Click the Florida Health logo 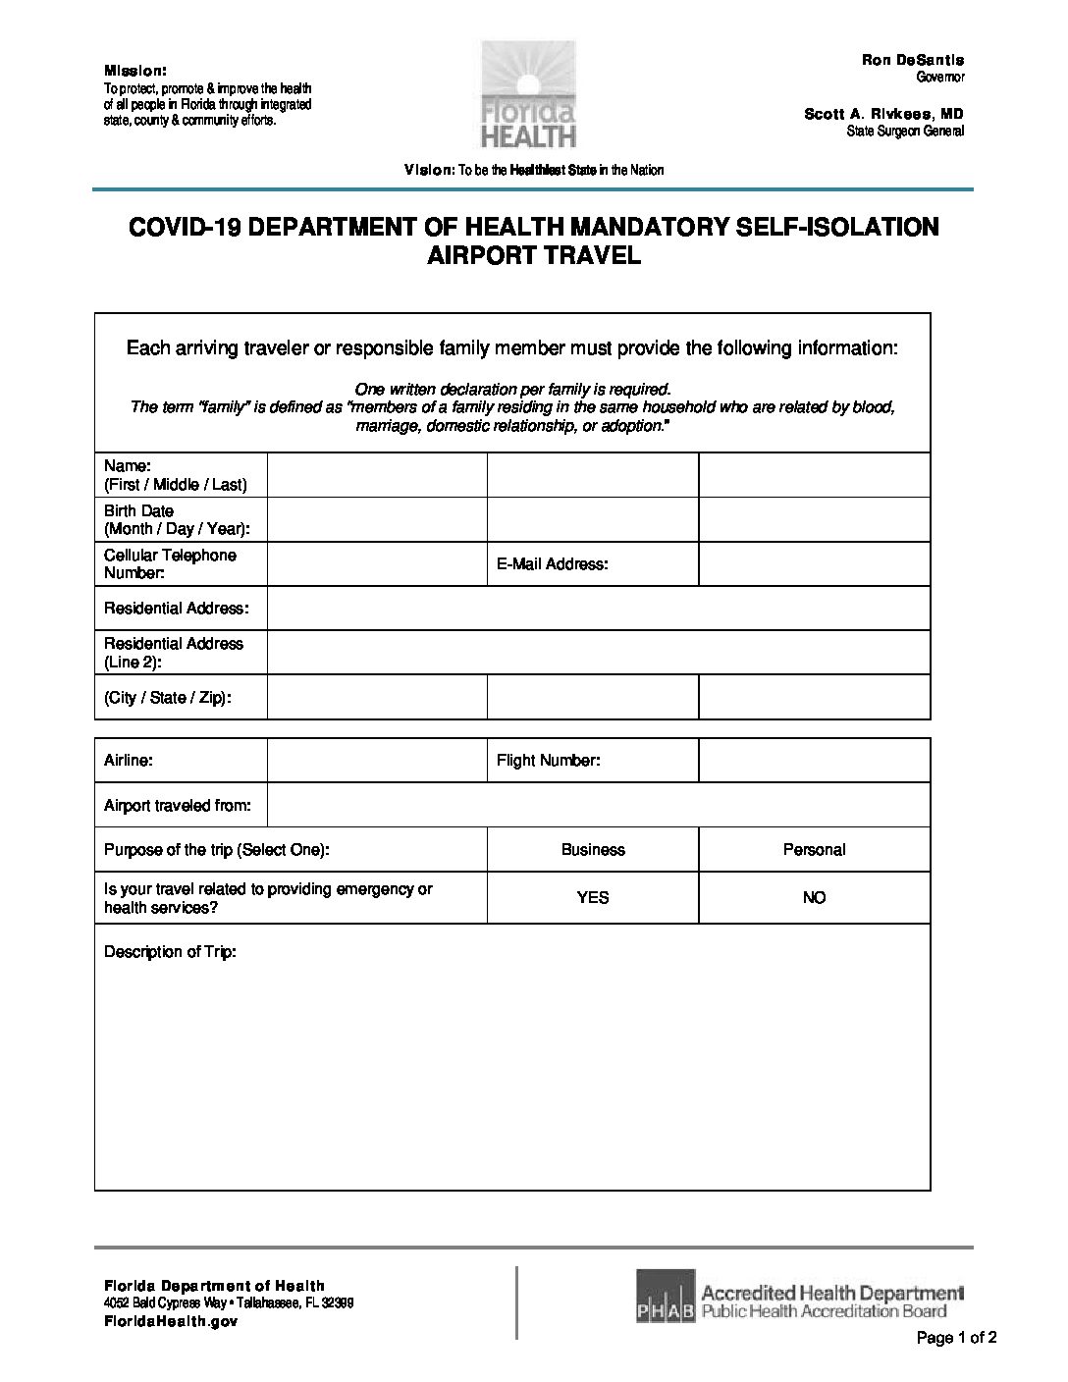(x=528, y=95)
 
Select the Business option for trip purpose (x=593, y=850)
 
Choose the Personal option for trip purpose (x=814, y=850)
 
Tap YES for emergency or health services (x=593, y=898)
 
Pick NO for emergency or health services (x=814, y=898)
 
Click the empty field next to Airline (x=377, y=761)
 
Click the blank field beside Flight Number (x=814, y=761)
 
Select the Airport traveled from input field (x=598, y=806)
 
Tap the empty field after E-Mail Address (x=814, y=564)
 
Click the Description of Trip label (x=170, y=952)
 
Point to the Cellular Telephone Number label (x=170, y=563)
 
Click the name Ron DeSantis (x=913, y=61)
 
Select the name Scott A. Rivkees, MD (x=883, y=115)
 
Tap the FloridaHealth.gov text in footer (x=157, y=1321)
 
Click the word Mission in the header (x=135, y=71)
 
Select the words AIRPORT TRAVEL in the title (x=534, y=257)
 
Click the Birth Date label (x=138, y=511)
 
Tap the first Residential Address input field (x=598, y=609)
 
